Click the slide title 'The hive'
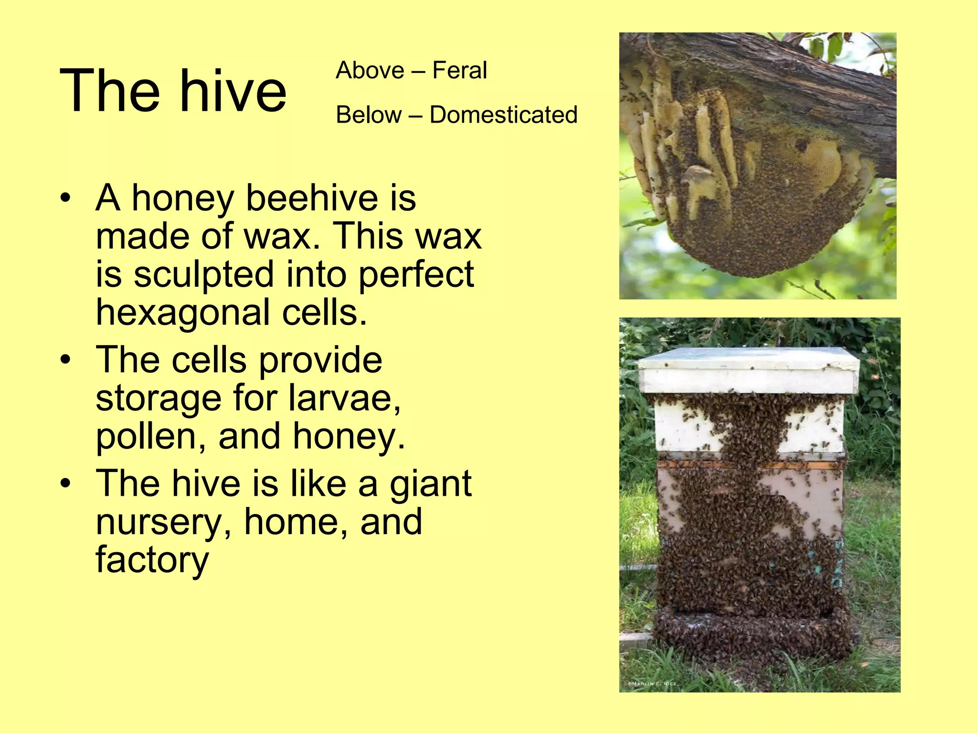coord(173,91)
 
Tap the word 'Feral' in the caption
coord(459,71)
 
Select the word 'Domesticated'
coord(503,115)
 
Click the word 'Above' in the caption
coord(370,71)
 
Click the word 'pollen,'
coord(151,436)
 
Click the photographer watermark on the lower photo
coord(652,683)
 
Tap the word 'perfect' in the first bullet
coord(416,275)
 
